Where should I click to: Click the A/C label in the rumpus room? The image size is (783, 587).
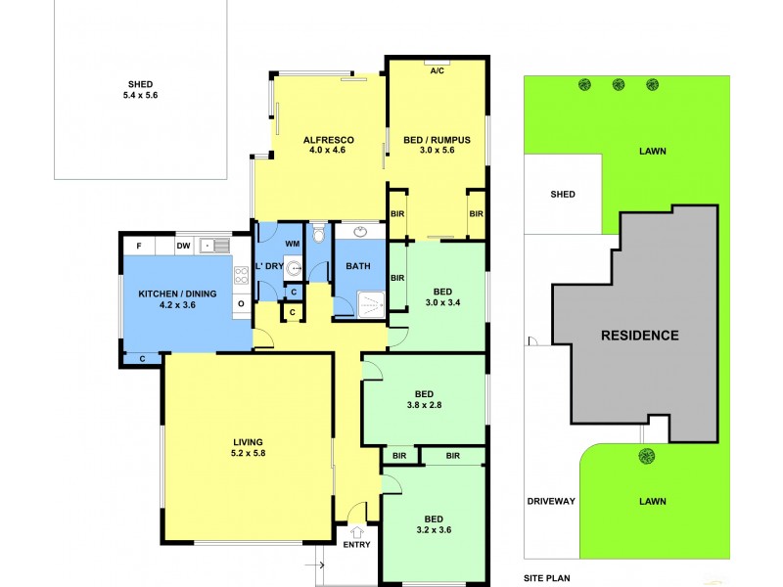click(437, 71)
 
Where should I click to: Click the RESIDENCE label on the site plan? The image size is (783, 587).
click(639, 336)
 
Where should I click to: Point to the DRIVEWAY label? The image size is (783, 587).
click(550, 501)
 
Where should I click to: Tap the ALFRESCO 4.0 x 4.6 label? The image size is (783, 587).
click(330, 146)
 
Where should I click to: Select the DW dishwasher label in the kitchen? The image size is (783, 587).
click(183, 246)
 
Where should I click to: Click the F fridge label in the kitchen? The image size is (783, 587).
click(140, 246)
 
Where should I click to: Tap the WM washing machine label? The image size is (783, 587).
click(292, 243)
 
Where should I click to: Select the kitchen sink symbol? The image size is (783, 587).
click(214, 246)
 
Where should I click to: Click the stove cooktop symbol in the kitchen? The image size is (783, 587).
click(241, 275)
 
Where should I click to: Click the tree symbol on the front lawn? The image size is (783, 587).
click(646, 455)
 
